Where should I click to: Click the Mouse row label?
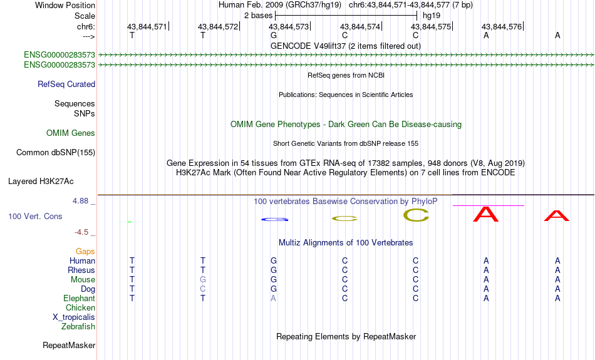tap(83, 280)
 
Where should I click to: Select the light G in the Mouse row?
tap(203, 280)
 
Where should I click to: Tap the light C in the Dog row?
tap(203, 289)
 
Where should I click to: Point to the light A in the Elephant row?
tap(273, 299)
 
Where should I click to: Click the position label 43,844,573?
tap(289, 26)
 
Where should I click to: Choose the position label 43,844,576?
tap(502, 26)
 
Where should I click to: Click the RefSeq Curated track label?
tap(66, 85)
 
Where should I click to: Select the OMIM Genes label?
tap(71, 133)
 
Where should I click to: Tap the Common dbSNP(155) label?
tap(56, 153)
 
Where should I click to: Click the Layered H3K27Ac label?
tap(41, 182)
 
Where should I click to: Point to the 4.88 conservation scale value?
tap(80, 201)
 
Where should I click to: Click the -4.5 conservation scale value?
tap(81, 232)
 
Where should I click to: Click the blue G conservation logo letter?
tap(275, 219)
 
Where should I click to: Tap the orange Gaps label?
tap(85, 252)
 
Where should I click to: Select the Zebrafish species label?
tap(78, 327)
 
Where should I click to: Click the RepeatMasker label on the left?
tap(69, 345)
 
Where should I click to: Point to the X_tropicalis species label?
tap(74, 317)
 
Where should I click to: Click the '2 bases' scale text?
tap(259, 16)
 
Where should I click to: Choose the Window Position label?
tap(65, 5)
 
